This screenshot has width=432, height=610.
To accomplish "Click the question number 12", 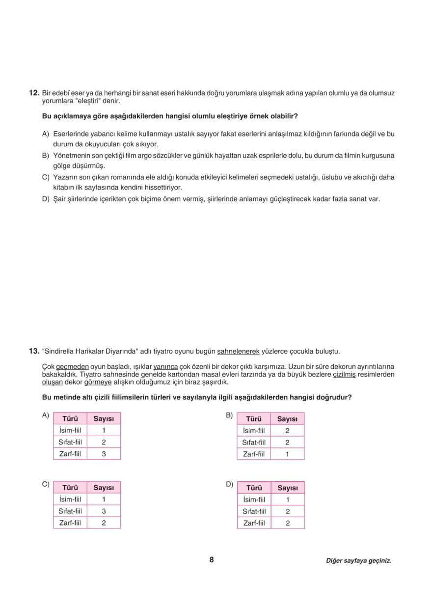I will pyautogui.click(x=34, y=92).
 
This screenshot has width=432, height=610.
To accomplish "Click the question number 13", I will pyautogui.click(x=34, y=351).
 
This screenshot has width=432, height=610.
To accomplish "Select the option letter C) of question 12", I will pyautogui.click(x=46, y=177).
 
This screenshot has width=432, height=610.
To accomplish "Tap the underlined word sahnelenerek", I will pyautogui.click(x=238, y=351).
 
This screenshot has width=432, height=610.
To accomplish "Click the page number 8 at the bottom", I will pyautogui.click(x=212, y=560).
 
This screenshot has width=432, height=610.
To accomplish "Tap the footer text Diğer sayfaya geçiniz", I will pyautogui.click(x=358, y=560).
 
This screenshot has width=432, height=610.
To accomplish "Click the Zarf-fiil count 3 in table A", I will pyautogui.click(x=104, y=454).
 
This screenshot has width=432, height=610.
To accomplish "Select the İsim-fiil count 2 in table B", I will pyautogui.click(x=287, y=430).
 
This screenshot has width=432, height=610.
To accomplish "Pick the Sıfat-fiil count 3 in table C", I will pyautogui.click(x=104, y=511).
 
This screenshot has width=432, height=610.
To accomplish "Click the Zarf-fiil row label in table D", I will pyautogui.click(x=254, y=523).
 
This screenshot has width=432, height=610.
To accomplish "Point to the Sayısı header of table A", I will pyautogui.click(x=104, y=418).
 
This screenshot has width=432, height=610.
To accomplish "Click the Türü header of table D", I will pyautogui.click(x=254, y=488).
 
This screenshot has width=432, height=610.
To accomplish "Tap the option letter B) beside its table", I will pyautogui.click(x=229, y=416).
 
